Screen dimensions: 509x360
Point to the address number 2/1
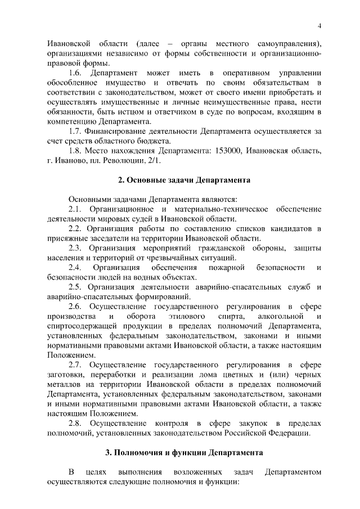coord(154,161)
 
